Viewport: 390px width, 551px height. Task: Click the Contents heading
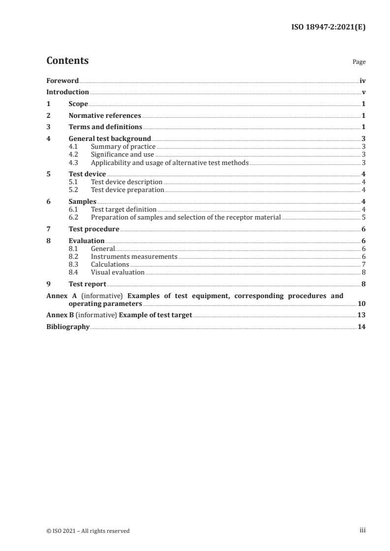pos(67,61)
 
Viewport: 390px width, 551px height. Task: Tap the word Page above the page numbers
pos(359,62)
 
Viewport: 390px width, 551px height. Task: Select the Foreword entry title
pos(62,81)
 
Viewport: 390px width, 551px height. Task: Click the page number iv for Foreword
pos(362,81)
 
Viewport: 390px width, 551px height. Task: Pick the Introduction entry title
pos(67,92)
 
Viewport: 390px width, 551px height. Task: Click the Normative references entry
pos(105,116)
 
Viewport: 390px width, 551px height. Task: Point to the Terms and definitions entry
pos(105,128)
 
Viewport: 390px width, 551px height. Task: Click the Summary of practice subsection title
pos(123,147)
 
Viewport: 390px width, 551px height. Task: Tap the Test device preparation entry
pos(127,190)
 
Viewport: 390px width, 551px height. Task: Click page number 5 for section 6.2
pos(363,217)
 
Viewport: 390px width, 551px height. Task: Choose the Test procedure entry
pos(94,229)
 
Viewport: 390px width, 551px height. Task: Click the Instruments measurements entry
pos(134,256)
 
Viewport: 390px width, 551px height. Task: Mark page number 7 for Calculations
pos(363,264)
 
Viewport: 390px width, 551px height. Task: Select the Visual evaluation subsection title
pos(118,272)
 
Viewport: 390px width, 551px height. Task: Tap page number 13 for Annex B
pos(361,315)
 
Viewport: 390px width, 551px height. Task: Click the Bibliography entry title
pos(68,327)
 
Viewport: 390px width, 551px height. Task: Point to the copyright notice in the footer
pos(88,530)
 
